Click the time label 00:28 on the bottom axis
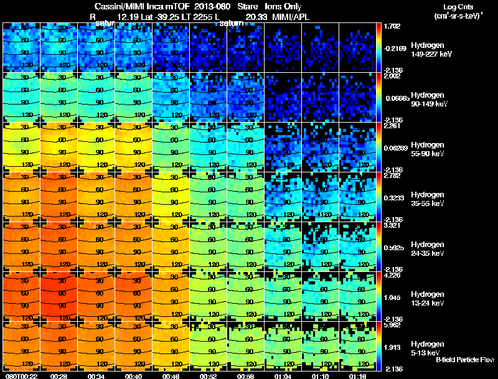59,375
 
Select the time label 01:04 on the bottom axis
283,375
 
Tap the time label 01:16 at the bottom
357,375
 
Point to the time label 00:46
171,375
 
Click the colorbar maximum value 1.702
392,26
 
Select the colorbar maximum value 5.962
392,325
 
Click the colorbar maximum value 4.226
392,275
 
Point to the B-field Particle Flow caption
464,360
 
